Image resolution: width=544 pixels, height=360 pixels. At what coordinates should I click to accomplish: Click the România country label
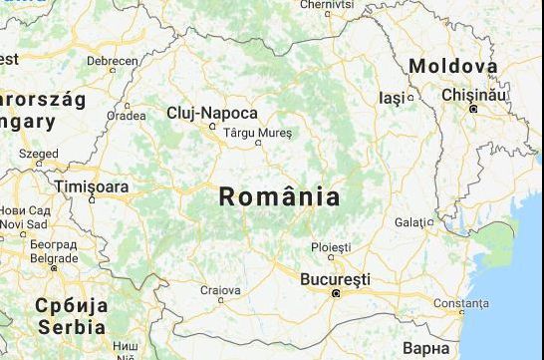[x=279, y=196]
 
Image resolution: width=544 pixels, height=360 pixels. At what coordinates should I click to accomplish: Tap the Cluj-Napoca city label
[x=212, y=113]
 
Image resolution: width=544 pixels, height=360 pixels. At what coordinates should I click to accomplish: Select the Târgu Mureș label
[x=257, y=131]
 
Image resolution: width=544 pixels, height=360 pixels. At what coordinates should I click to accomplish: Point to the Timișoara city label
[x=92, y=186]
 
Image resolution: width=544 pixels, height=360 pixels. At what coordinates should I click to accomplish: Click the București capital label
[x=335, y=278]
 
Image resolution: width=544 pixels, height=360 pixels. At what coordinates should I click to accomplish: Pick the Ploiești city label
[x=331, y=246]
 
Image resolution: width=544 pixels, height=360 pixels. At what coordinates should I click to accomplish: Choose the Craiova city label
[x=221, y=290]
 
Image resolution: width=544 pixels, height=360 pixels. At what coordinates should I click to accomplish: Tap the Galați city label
[x=414, y=221]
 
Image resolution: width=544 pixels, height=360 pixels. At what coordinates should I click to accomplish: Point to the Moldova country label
[x=453, y=66]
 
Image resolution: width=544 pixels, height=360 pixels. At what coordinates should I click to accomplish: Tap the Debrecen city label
[x=113, y=61]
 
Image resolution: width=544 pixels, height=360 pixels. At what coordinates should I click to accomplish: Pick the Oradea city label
[x=127, y=115]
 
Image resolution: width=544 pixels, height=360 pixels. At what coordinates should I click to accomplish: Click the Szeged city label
[x=38, y=154]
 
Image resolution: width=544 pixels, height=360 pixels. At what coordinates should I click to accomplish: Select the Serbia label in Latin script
[x=72, y=326]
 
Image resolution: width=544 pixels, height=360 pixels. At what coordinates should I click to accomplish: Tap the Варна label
[x=427, y=348]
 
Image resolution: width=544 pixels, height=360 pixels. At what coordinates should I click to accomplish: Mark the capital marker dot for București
[x=337, y=294]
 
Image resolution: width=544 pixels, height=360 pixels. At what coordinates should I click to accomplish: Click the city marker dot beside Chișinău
[x=475, y=107]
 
